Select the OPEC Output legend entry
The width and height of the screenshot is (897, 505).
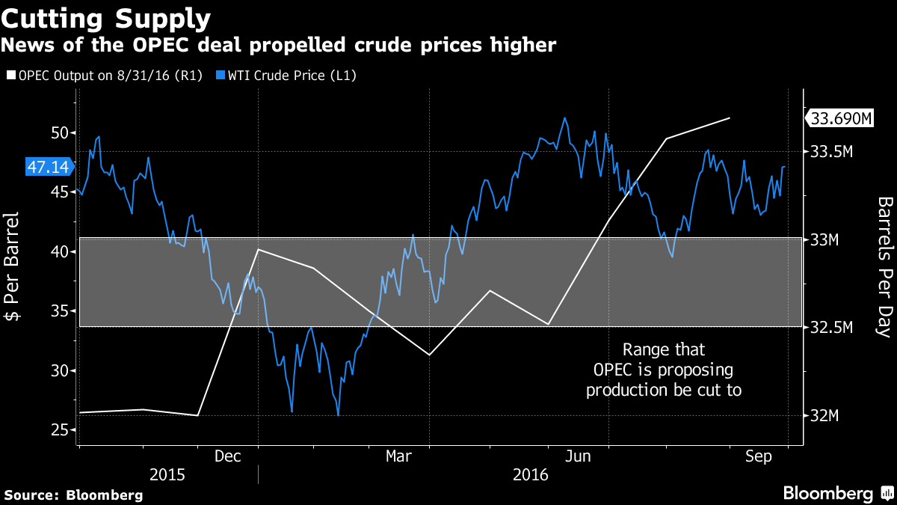click(105, 76)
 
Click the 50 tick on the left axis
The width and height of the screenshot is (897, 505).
click(59, 133)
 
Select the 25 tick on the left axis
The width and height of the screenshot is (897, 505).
click(59, 429)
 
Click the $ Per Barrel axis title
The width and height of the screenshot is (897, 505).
click(13, 278)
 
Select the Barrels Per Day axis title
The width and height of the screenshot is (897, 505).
click(884, 266)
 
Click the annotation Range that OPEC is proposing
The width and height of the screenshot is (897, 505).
click(664, 370)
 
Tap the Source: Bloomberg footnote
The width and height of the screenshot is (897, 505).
click(73, 495)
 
